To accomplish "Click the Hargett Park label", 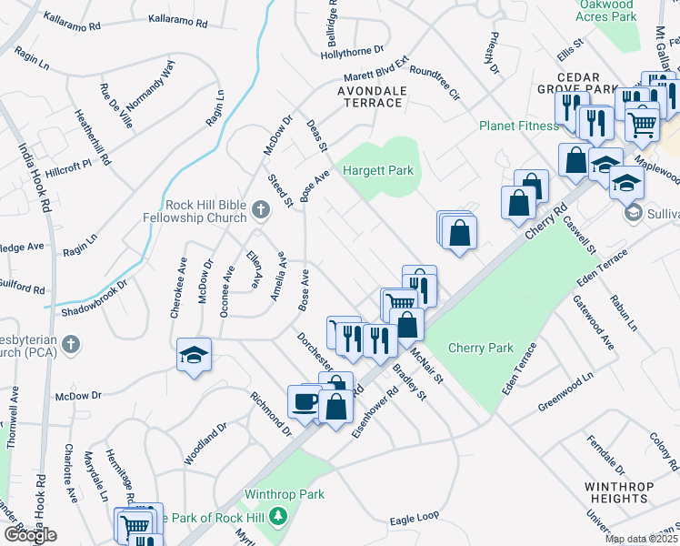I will pyautogui.click(x=377, y=170).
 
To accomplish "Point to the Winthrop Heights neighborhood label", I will pyautogui.click(x=618, y=492).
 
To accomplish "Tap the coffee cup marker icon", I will pyautogui.click(x=305, y=400).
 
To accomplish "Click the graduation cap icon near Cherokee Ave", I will pyautogui.click(x=194, y=355).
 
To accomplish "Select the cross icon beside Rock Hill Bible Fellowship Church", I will pyautogui.click(x=261, y=211).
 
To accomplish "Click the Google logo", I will pyautogui.click(x=29, y=535).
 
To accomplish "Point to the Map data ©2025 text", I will pyautogui.click(x=641, y=539).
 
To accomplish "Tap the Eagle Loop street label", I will pyautogui.click(x=415, y=517).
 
